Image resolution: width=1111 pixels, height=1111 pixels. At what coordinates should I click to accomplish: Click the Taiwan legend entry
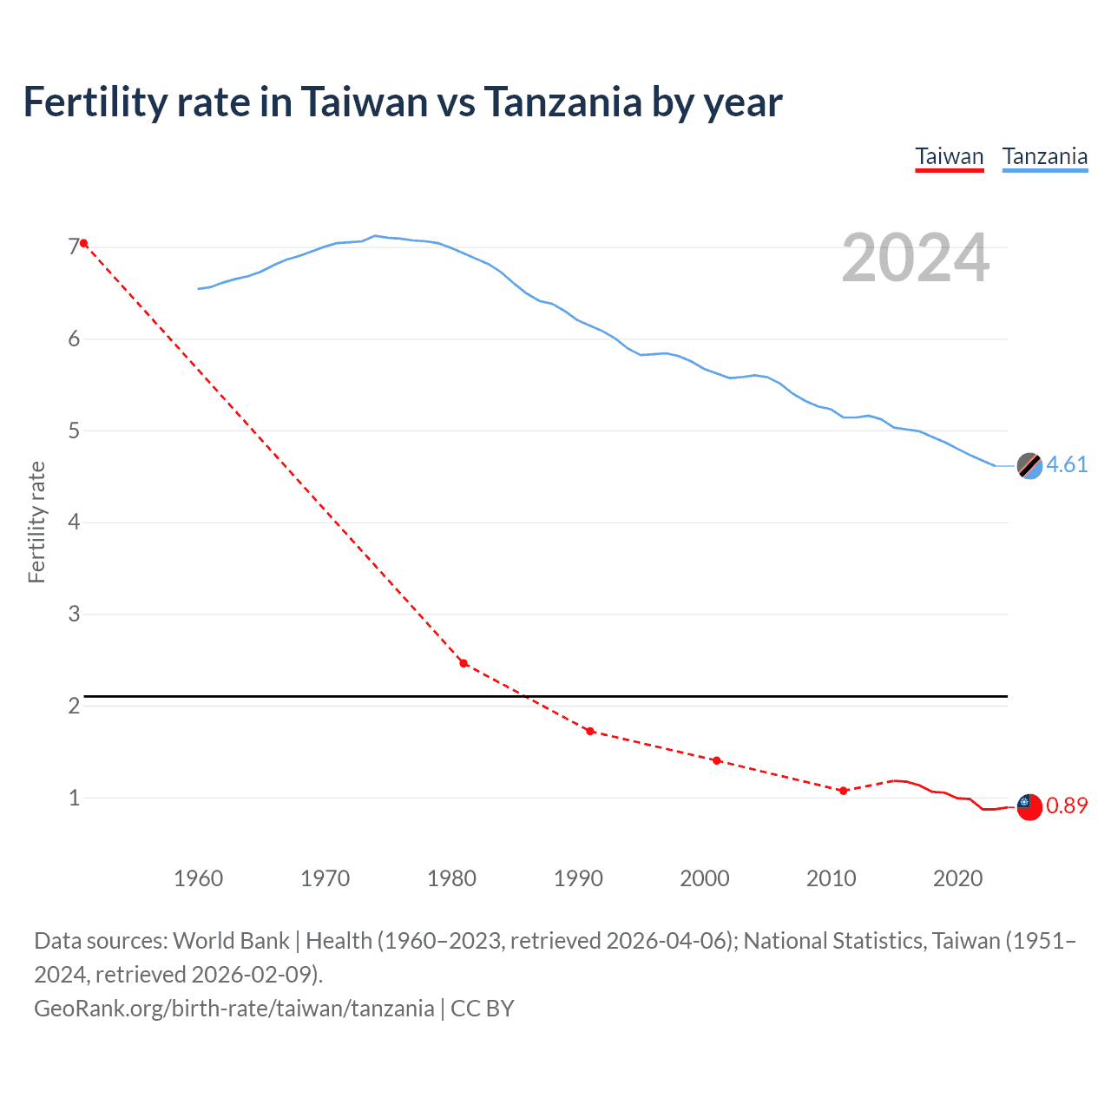click(949, 157)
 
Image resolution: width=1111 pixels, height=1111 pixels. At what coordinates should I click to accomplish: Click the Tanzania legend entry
click(1044, 157)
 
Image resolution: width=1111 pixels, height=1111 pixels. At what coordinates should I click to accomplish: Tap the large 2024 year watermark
click(915, 258)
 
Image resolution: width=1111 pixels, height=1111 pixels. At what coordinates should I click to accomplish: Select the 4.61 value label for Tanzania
click(1067, 465)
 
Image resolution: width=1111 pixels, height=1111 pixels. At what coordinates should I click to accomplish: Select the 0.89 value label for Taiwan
click(1067, 806)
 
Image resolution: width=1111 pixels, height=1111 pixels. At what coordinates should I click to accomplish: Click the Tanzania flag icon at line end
click(1029, 466)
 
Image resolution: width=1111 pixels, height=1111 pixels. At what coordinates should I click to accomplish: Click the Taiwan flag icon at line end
click(1029, 806)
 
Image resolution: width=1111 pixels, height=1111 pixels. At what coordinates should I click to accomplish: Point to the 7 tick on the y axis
click(74, 248)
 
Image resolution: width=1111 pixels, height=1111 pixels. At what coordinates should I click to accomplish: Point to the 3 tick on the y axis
click(74, 615)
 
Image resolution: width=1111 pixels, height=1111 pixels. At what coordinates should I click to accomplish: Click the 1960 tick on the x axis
click(199, 878)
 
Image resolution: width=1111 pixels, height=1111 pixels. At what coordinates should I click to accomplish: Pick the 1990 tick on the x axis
click(578, 878)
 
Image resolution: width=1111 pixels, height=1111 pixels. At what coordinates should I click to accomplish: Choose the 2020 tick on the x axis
click(957, 878)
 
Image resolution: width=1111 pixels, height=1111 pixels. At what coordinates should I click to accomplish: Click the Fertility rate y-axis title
click(36, 523)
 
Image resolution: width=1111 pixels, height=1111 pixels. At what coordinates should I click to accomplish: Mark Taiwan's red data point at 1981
click(463, 663)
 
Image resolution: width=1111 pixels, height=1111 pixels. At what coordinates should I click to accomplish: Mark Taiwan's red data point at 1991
click(590, 731)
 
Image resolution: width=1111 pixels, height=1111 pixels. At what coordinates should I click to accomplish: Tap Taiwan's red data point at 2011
click(843, 791)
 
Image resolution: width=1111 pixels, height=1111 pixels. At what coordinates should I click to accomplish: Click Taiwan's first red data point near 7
click(83, 243)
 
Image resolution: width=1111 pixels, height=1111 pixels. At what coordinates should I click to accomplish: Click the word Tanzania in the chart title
click(562, 102)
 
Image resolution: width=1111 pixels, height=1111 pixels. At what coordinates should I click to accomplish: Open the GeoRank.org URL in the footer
click(234, 1009)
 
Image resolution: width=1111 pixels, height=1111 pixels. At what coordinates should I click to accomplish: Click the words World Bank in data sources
click(231, 941)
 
